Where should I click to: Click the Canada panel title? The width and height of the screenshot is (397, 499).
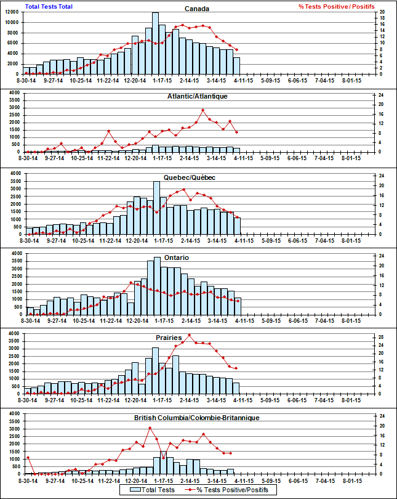(198, 9)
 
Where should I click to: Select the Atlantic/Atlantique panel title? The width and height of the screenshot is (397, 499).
(198, 96)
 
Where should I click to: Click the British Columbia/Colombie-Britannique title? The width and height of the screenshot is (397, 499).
(197, 418)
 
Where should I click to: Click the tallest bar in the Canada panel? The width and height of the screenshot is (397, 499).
(155, 43)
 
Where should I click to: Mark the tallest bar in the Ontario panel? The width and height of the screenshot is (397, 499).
(156, 286)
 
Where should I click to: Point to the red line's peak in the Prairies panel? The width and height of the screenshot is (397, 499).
(190, 335)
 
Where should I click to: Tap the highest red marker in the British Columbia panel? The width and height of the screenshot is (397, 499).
(150, 428)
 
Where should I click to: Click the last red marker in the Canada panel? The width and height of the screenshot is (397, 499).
(237, 50)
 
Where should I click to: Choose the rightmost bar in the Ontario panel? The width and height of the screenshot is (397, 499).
(237, 307)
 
